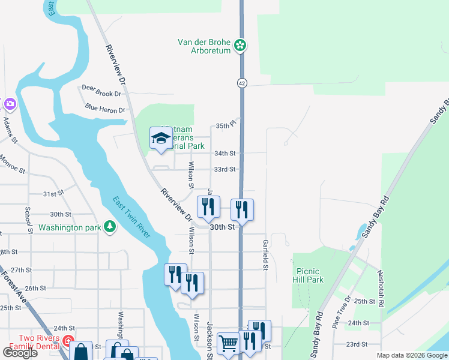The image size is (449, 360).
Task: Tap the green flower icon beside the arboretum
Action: (x=240, y=45)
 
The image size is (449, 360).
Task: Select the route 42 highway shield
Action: (x=241, y=82)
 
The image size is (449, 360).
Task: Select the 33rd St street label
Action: (x=225, y=170)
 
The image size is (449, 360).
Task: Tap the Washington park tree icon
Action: (x=109, y=226)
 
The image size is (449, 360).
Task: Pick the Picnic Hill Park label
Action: (x=308, y=275)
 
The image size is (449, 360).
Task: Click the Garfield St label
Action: (x=265, y=255)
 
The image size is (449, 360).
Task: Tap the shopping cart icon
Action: (x=228, y=344)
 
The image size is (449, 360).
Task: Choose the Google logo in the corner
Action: (x=20, y=353)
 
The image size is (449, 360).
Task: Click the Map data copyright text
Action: (x=412, y=355)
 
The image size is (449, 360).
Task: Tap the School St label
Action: (x=28, y=220)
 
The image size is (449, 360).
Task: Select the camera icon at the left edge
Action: (x=8, y=104)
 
